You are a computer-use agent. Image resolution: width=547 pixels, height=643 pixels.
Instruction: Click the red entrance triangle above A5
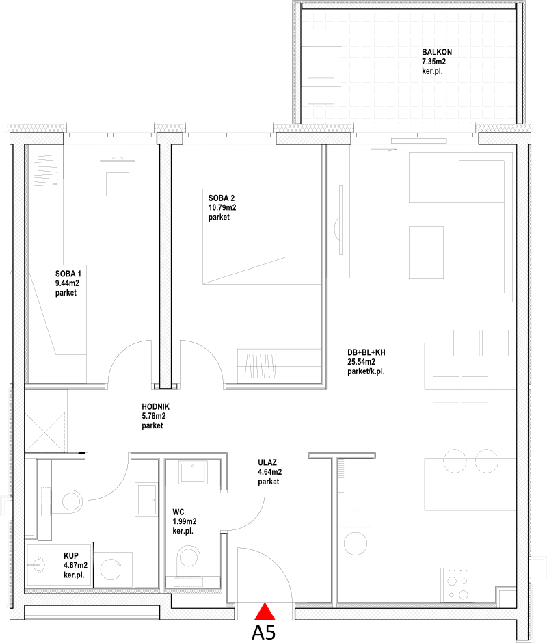pos(265,612)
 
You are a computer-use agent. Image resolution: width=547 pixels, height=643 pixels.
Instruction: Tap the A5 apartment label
pos(264,632)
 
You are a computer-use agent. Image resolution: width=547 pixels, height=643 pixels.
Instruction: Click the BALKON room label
pos(437,52)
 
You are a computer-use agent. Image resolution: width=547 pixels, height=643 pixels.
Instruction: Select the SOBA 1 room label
pos(68,274)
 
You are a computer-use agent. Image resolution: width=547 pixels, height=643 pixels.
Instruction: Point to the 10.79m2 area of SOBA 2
pos(222,207)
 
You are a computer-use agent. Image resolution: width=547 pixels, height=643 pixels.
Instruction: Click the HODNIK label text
pos(155,406)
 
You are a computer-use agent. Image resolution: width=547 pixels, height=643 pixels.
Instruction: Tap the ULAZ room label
pos(267,462)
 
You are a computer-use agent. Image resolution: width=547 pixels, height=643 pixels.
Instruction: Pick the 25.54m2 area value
pos(361,362)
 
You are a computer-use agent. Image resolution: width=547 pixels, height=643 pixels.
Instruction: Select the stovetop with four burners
pos(457,585)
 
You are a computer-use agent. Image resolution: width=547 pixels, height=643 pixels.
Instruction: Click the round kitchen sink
pos(356,543)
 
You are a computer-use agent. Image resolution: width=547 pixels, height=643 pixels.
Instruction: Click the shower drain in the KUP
pos(39,564)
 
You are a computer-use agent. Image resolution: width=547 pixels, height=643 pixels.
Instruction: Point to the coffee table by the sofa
pos(426,252)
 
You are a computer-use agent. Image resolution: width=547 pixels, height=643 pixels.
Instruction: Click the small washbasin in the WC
pos(193,472)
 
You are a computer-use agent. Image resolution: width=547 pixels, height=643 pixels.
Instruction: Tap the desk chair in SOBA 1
pos(118,184)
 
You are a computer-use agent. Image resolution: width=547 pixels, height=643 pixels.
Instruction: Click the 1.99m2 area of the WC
pos(185,521)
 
